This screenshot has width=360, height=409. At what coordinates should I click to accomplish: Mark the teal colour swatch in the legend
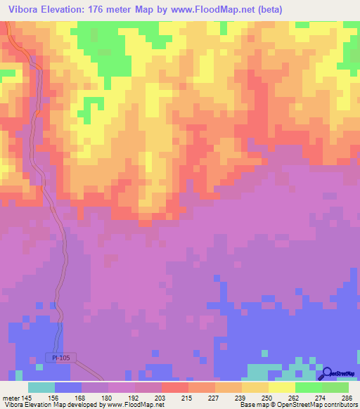coord(41,387)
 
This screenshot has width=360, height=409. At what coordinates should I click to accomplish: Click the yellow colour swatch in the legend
coord(281,387)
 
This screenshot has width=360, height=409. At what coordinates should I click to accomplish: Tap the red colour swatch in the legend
coord(174,387)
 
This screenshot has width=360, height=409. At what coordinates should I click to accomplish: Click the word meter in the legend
coord(11,397)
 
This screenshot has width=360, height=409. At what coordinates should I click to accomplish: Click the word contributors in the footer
coord(340,405)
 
